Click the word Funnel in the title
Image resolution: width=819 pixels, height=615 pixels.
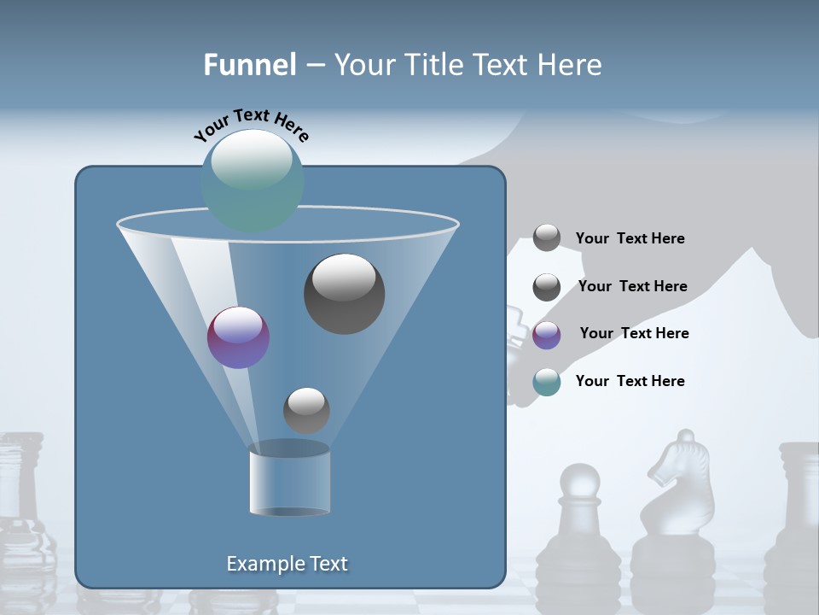tap(249, 65)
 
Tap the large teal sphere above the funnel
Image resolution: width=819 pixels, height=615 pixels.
tap(252, 180)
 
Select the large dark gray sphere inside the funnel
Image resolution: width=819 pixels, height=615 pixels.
tap(344, 294)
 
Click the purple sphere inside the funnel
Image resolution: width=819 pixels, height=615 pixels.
tap(238, 337)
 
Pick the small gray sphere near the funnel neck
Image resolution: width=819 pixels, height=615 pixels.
tap(306, 410)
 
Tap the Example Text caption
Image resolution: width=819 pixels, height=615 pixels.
tap(287, 564)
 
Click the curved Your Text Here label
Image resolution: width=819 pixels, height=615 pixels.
tap(251, 125)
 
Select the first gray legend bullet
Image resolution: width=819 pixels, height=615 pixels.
tap(547, 238)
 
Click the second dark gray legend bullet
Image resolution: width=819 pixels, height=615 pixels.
tap(547, 287)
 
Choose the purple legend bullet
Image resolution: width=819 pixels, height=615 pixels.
tap(547, 335)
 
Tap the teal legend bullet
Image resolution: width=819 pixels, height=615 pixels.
tap(547, 382)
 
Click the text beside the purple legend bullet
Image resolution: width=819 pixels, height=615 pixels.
tap(634, 333)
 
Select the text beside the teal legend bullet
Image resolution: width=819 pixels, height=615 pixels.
tap(630, 381)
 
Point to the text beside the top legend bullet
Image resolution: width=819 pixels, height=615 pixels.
tap(630, 238)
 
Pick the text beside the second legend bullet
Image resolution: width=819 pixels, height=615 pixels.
tap(632, 286)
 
